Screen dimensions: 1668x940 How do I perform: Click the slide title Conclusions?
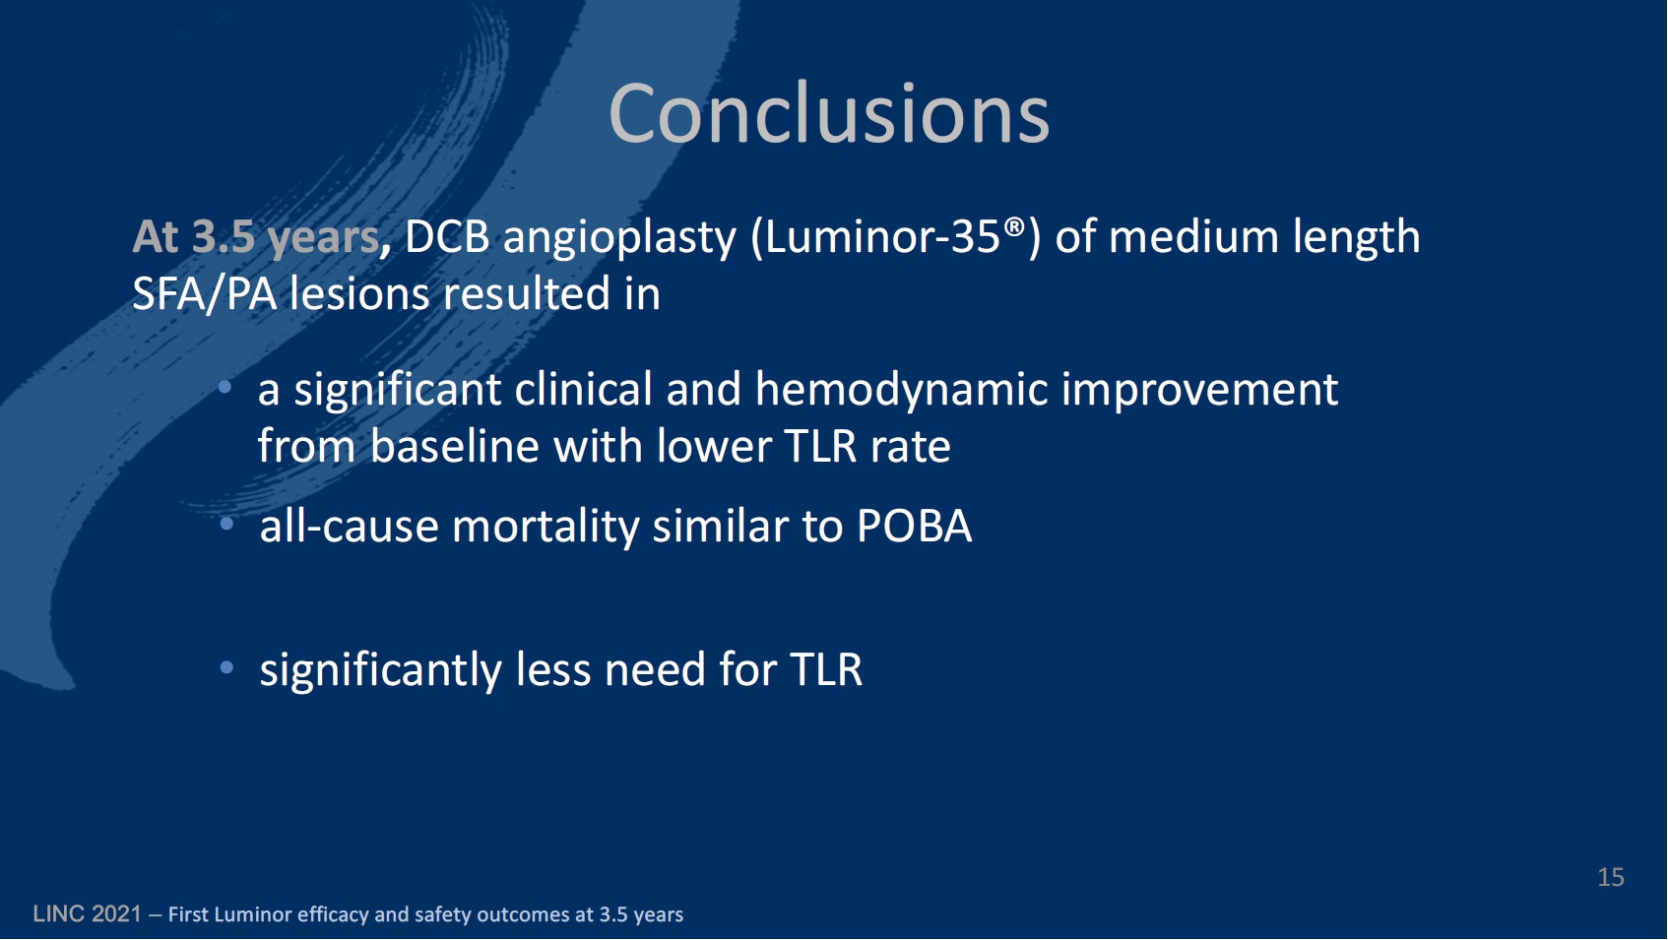pyautogui.click(x=829, y=114)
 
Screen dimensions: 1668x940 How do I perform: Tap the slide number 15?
pyautogui.click(x=1611, y=877)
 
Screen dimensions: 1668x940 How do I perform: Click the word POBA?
pyautogui.click(x=915, y=527)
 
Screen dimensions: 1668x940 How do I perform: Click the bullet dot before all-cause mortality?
pyautogui.click(x=227, y=525)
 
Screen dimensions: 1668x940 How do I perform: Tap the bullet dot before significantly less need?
pyautogui.click(x=227, y=667)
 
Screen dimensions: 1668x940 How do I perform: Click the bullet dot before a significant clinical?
pyautogui.click(x=225, y=387)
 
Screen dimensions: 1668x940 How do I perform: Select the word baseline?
pyautogui.click(x=454, y=447)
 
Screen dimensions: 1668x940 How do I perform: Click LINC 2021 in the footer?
pyautogui.click(x=87, y=914)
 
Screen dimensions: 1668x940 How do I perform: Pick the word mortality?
pyautogui.click(x=545, y=527)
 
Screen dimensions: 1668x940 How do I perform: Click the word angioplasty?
pyautogui.click(x=619, y=238)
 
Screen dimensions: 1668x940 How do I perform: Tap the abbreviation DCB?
pyautogui.click(x=447, y=236)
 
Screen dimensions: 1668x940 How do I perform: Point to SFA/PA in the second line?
pyautogui.click(x=205, y=294)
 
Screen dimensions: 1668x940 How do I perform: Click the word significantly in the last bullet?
pyautogui.click(x=380, y=670)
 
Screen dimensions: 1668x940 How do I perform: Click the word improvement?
pyautogui.click(x=1199, y=390)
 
